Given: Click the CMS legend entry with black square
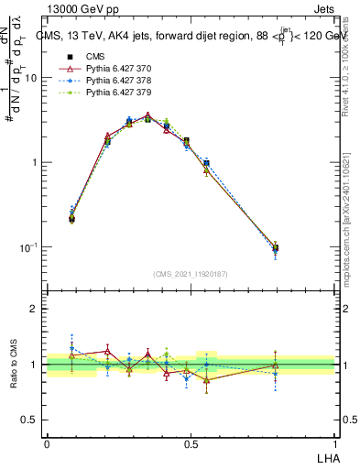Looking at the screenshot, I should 95,57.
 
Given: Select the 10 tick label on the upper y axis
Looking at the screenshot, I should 31,78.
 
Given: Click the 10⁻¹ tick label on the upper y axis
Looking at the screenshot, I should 29,247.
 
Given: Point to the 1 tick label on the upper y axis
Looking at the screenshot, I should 35,163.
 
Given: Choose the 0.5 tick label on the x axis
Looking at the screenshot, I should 191,443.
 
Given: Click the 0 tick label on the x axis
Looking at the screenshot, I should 47,443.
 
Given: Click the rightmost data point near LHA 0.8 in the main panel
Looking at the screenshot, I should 276,248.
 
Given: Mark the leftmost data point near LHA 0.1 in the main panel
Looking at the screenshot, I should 72,218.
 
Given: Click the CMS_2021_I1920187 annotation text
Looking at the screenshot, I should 191,272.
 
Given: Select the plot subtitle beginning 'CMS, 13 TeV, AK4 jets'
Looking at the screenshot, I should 192,37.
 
